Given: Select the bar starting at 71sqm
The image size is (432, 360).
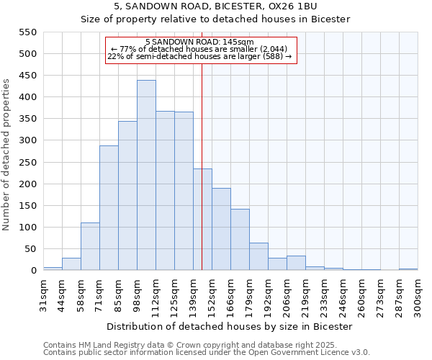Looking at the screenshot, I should [x=109, y=208].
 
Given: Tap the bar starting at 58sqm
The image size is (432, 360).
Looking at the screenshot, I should [x=90, y=246].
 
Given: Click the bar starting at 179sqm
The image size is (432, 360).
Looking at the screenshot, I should [x=258, y=256].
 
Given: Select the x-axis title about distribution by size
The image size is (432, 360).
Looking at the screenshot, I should [x=229, y=326].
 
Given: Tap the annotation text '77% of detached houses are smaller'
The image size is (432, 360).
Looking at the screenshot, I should [x=199, y=49].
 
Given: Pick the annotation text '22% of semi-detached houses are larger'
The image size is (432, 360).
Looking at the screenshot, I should [x=199, y=56].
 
